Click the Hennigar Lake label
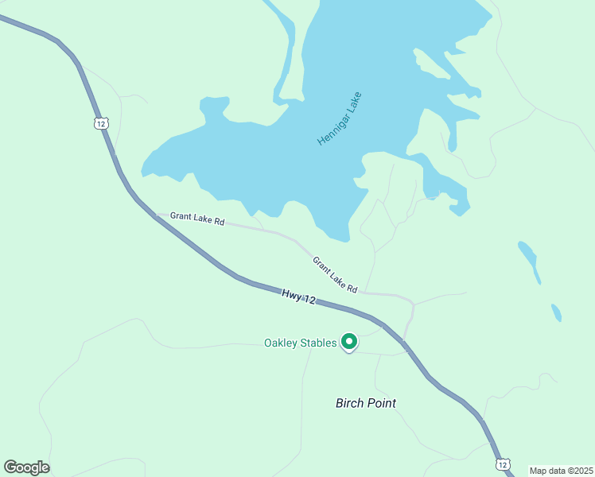340,119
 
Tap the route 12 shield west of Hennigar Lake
99,122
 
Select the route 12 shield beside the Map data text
502,463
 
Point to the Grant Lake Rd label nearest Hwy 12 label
335,274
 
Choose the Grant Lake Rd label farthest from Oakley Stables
196,218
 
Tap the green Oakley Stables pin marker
348,342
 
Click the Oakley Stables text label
300,343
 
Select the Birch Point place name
366,403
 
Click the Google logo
26,467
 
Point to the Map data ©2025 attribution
561,470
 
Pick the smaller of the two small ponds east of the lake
556,312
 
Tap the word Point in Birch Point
381,403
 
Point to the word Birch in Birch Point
349,403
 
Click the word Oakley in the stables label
281,343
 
